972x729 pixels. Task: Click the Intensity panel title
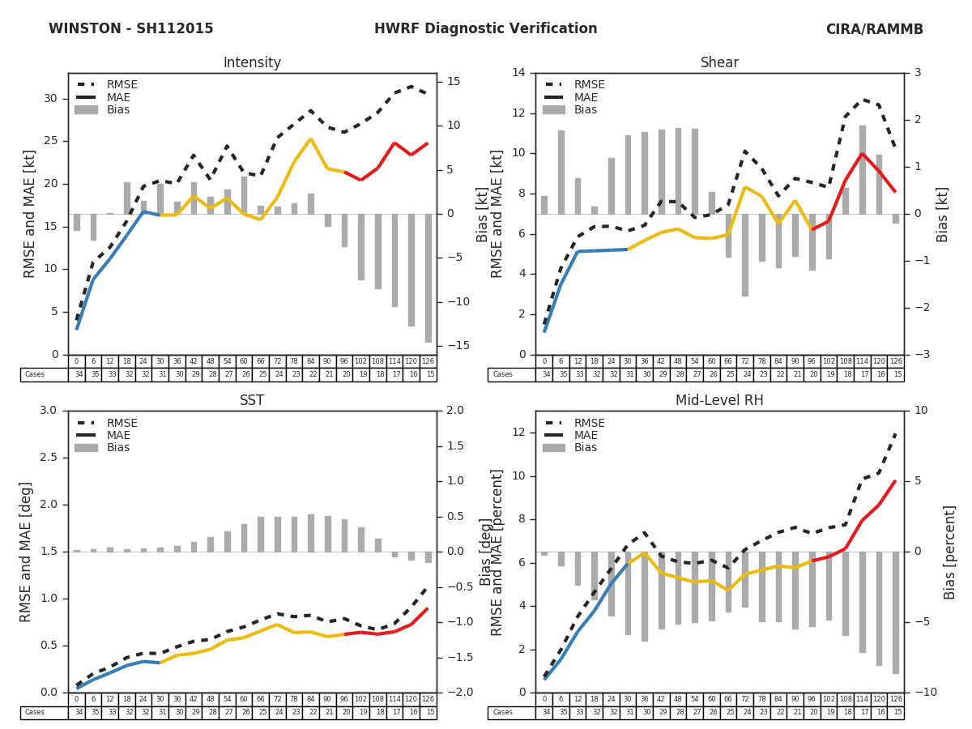click(x=252, y=63)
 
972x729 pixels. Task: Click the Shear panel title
click(x=719, y=63)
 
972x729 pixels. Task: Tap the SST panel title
click(x=252, y=401)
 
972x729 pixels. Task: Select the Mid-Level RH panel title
click(x=719, y=401)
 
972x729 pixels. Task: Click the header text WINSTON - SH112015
click(x=131, y=29)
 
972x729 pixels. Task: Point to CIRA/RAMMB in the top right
click(x=874, y=29)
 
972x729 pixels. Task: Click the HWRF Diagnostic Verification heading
click(x=485, y=29)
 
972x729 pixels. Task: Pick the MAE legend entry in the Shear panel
click(x=585, y=97)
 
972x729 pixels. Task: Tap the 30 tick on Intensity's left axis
click(x=50, y=99)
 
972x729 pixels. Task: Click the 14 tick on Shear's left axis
click(x=518, y=73)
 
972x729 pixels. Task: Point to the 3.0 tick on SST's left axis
click(x=49, y=411)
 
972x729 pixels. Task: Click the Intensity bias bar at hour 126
click(x=428, y=278)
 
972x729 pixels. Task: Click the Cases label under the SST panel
click(x=34, y=712)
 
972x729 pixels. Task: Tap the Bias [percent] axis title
click(x=949, y=552)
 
